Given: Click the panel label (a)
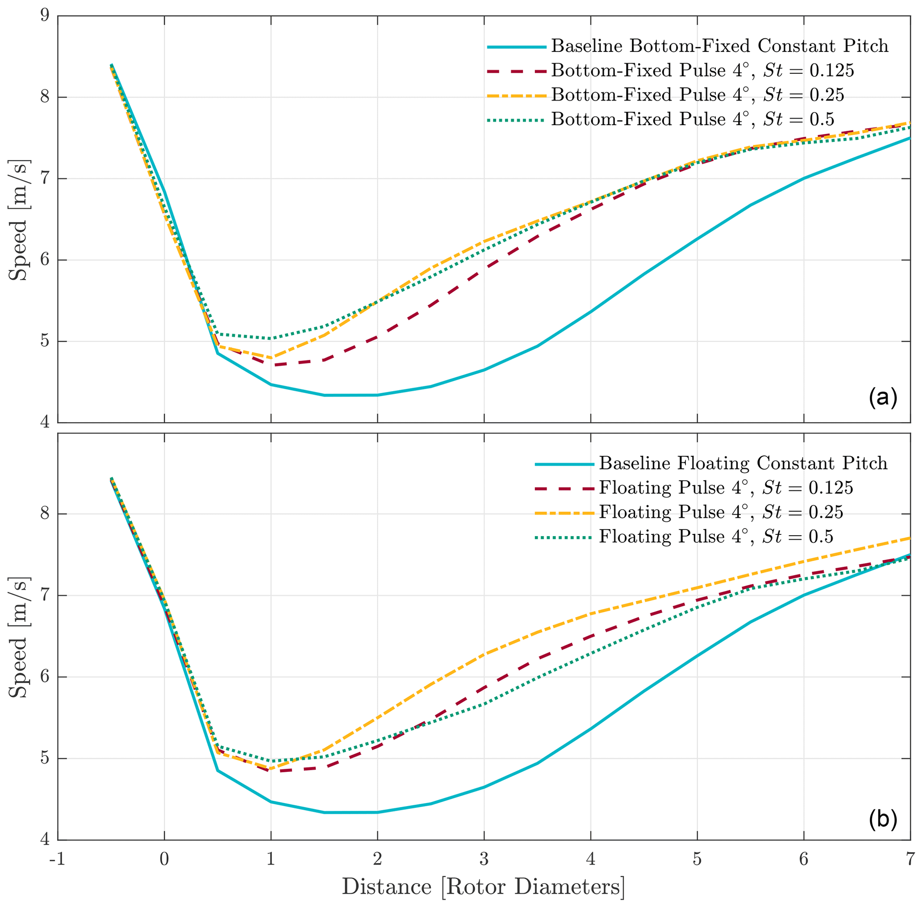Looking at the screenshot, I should pyautogui.click(x=883, y=397).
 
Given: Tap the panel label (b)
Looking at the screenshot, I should pyautogui.click(x=883, y=818).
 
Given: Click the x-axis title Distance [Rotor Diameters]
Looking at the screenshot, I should pyautogui.click(x=483, y=887).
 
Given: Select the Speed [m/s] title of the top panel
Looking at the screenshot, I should pyautogui.click(x=19, y=220).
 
